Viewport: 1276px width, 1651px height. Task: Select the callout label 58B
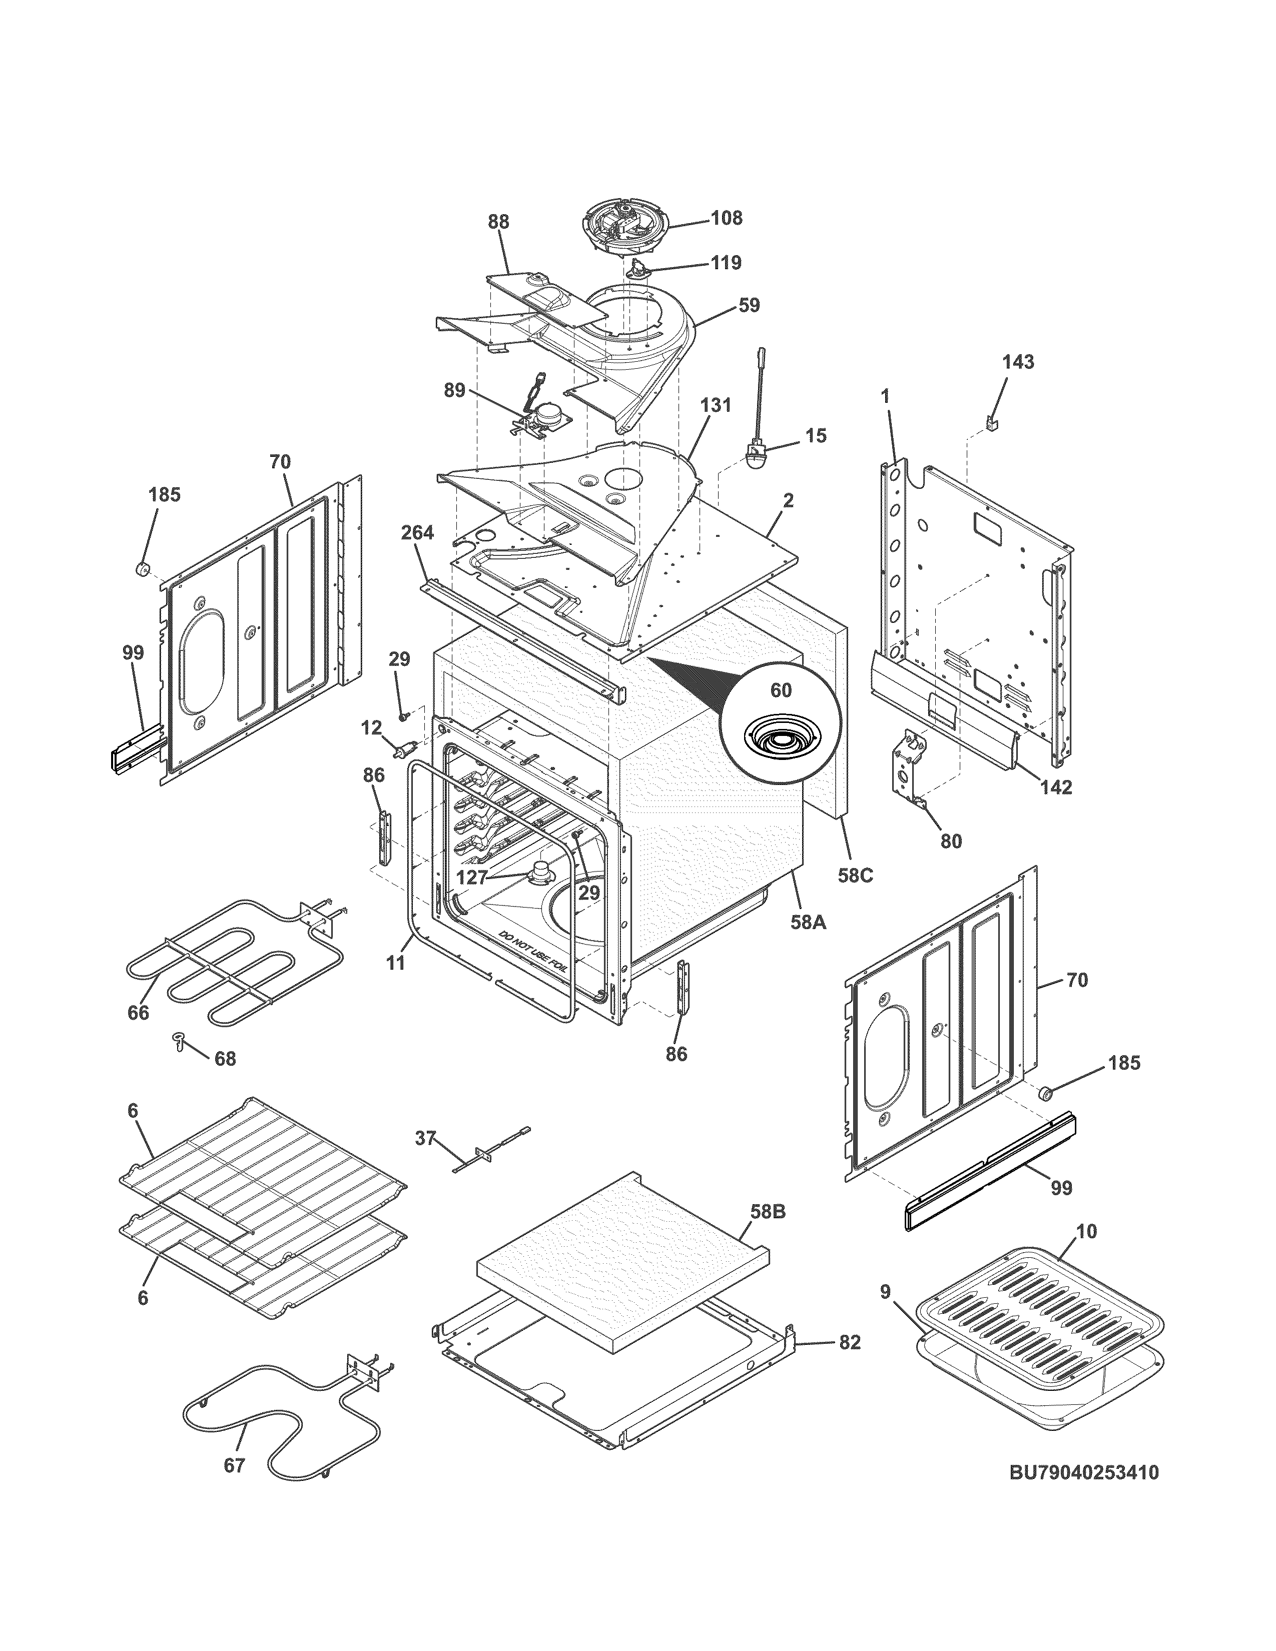(x=767, y=1212)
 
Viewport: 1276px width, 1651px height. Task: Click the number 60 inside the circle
(x=781, y=690)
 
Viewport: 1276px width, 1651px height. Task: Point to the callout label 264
(x=417, y=533)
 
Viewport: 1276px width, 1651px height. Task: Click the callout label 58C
(x=856, y=876)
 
